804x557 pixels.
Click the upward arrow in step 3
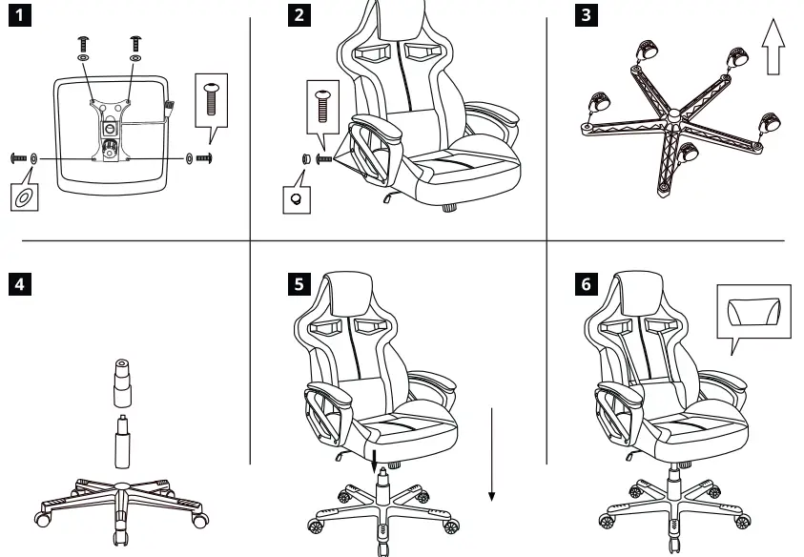[774, 52]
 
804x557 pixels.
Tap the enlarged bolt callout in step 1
[213, 98]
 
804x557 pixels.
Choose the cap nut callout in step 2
[298, 198]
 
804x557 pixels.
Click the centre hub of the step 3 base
[674, 117]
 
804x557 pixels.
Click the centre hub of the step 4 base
[121, 489]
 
